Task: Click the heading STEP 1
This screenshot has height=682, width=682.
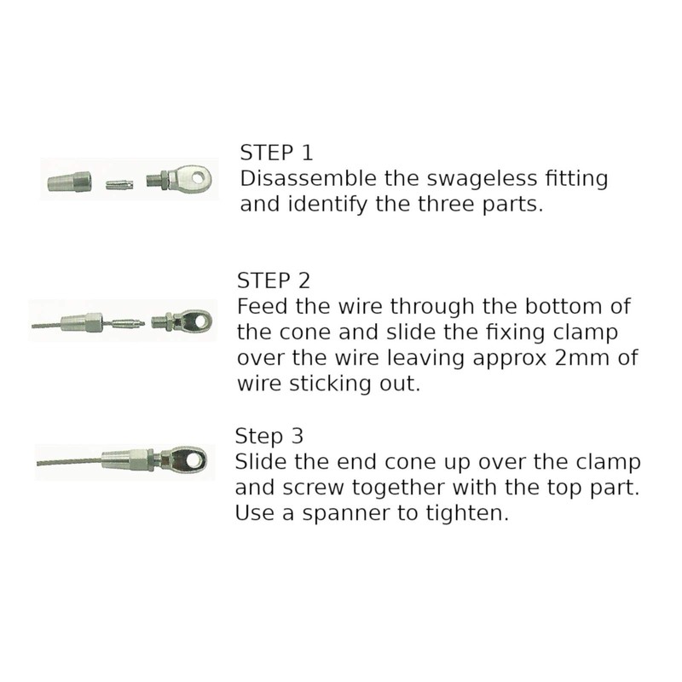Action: pyautogui.click(x=277, y=153)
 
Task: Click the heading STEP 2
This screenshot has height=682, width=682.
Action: pyautogui.click(x=272, y=280)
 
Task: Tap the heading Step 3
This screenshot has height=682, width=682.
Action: pyautogui.click(x=269, y=436)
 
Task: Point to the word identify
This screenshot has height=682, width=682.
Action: pyautogui.click(x=320, y=205)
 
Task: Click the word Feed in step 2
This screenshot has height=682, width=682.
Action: pyautogui.click(x=259, y=306)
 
